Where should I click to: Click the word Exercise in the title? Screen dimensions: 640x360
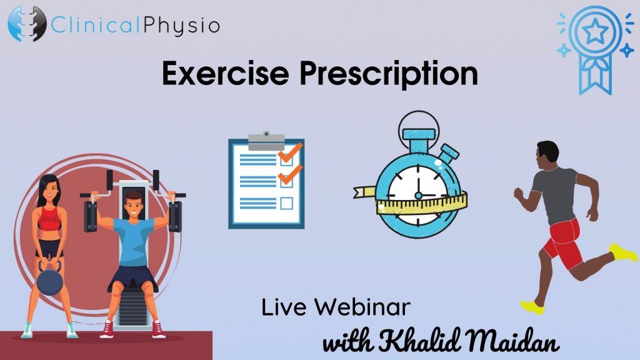pos(225,73)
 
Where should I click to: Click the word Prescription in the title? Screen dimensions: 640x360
pos(389,74)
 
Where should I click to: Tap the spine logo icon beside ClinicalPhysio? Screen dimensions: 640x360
pos(27,24)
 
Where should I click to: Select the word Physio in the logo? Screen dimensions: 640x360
pos(182,25)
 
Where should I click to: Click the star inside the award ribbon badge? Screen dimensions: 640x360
pos(594,31)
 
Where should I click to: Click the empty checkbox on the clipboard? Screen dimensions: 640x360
pos(286,203)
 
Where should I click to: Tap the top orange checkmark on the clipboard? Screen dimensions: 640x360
pos(290,152)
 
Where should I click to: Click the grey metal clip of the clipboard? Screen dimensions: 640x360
pos(266,141)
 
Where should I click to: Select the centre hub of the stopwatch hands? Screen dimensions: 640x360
pos(418,196)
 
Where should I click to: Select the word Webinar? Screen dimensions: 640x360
pos(362,307)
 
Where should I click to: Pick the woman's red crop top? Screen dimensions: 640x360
pos(50,218)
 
